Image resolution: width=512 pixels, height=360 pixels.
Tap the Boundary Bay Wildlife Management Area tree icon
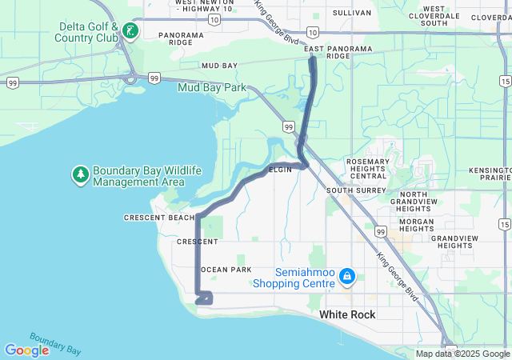[x=80, y=174]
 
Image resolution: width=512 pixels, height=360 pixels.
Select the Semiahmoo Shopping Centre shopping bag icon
[x=346, y=277]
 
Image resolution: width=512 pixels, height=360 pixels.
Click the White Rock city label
[x=347, y=315]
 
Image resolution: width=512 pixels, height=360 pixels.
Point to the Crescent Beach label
[x=158, y=218]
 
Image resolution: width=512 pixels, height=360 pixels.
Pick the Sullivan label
[x=352, y=13]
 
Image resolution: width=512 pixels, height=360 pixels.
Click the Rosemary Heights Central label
[x=367, y=169]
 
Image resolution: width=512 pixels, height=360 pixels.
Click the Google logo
[x=26, y=350]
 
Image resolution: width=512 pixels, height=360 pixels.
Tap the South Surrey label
[x=350, y=190]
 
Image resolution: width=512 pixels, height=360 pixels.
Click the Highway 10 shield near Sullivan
[x=312, y=32]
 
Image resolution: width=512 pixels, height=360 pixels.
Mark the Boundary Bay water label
[x=54, y=344]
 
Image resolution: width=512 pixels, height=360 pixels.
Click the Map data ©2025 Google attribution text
[x=462, y=354]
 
